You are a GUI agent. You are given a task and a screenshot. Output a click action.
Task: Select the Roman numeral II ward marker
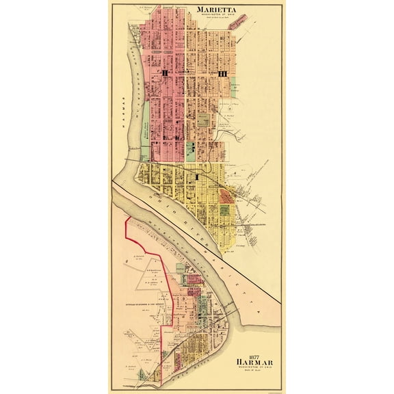coord(164,73)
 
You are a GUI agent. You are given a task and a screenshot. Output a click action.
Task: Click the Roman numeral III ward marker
coord(222,73)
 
